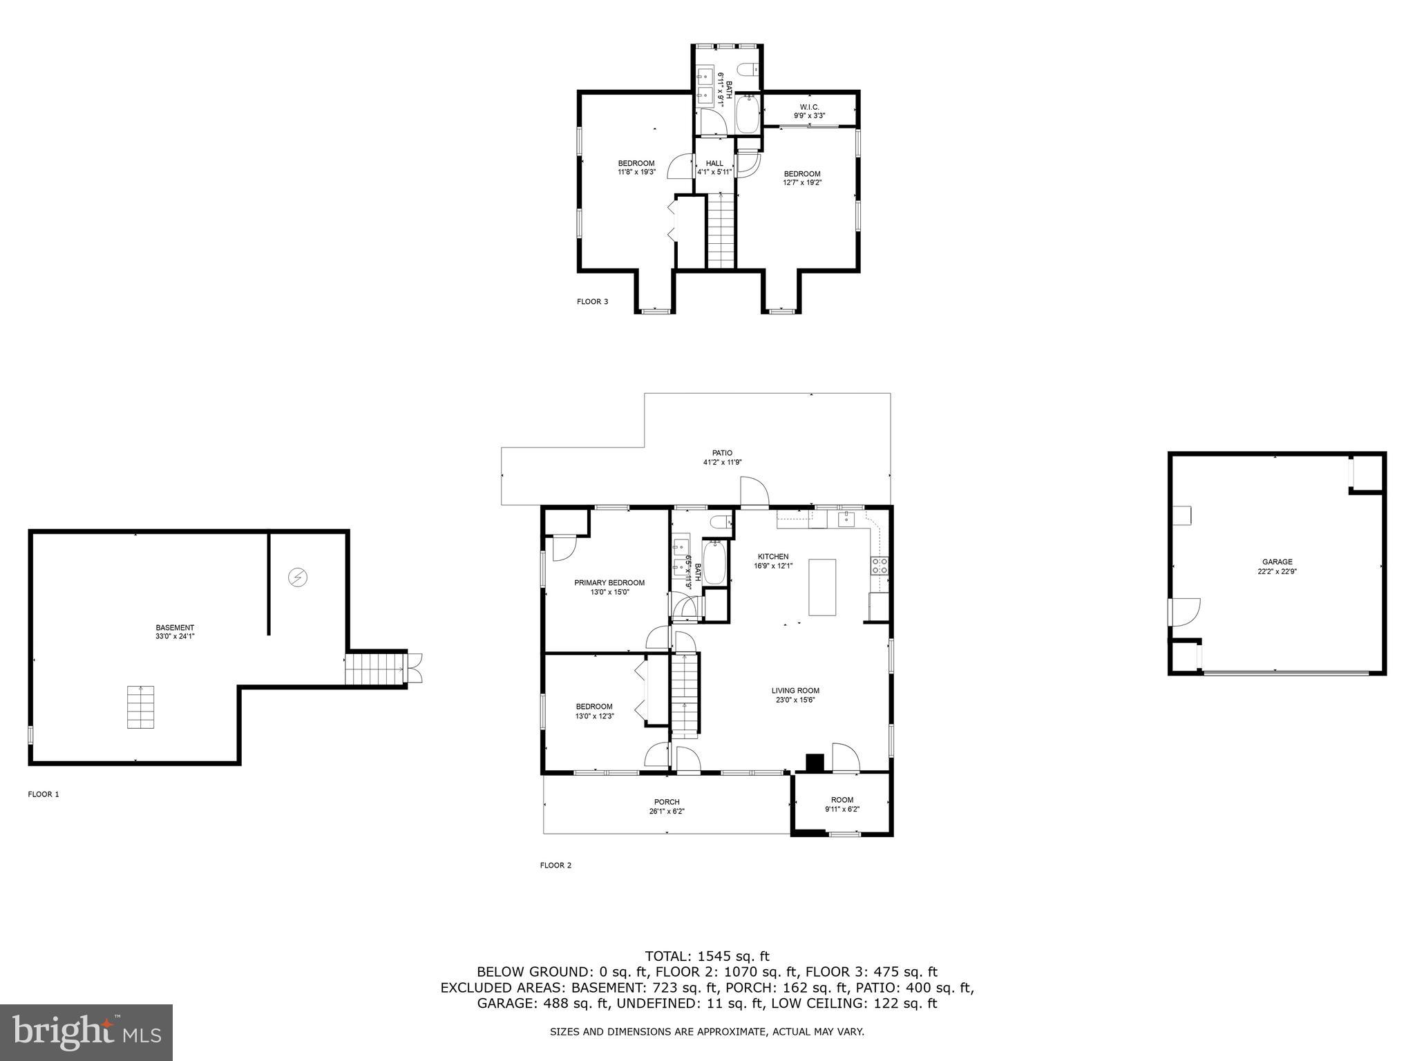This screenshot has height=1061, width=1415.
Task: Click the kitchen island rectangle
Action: pos(822,587)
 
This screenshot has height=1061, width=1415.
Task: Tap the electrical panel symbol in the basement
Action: pos(298,577)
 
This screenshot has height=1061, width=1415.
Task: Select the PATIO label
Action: pos(723,453)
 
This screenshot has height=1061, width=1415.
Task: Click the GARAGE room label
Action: pos(1277,562)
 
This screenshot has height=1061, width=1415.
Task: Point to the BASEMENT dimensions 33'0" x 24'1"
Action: pos(175,637)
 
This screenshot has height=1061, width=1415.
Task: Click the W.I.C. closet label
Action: pos(809,107)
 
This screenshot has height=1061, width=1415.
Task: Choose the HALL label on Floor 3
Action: pos(714,164)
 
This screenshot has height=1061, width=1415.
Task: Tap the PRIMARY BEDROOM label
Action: pos(609,583)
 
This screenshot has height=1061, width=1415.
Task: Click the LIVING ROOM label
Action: pos(795,691)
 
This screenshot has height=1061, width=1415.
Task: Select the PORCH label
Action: pos(667,802)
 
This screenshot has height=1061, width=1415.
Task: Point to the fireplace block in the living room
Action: pos(815,763)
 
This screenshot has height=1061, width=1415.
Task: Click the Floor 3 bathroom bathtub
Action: pos(748,115)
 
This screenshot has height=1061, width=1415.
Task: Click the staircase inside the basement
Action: pos(140,707)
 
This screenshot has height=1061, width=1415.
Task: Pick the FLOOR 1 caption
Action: pos(44,794)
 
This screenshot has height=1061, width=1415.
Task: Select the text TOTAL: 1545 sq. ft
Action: pos(707,957)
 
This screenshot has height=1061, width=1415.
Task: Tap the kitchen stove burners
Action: pos(880,566)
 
